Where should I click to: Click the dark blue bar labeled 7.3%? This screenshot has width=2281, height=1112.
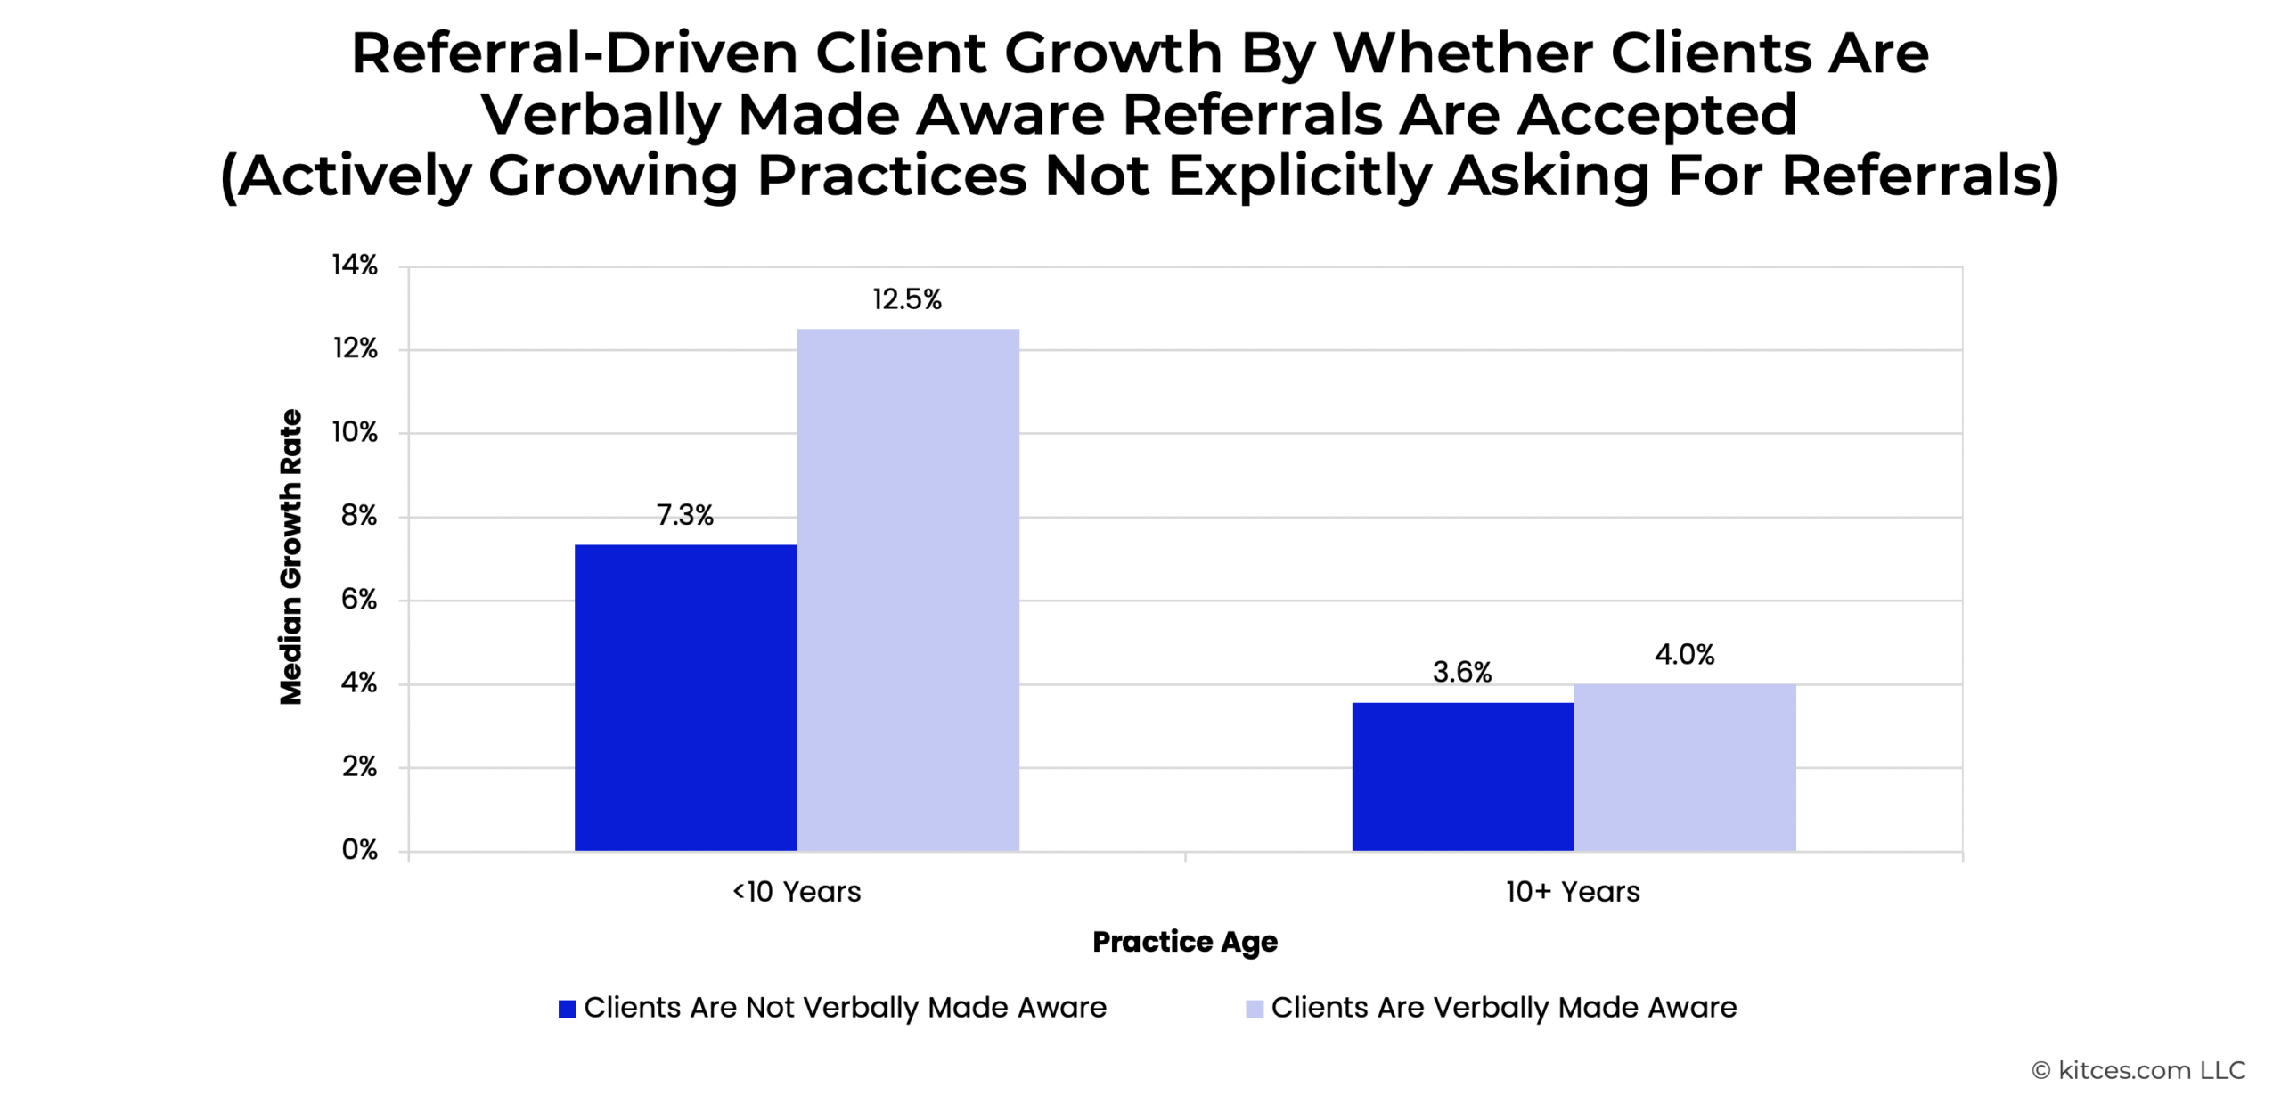click(x=685, y=698)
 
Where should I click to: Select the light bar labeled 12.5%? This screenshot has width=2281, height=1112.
click(x=908, y=590)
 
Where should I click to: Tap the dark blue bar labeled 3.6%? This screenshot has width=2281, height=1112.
click(x=1463, y=777)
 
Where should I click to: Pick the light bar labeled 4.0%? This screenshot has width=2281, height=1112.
click(x=1685, y=767)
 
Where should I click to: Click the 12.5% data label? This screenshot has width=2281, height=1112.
click(x=907, y=299)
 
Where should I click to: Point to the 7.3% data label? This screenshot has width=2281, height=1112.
click(x=685, y=515)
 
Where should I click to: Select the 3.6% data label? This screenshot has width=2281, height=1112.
click(x=1462, y=672)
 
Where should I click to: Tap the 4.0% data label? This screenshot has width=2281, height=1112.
click(x=1685, y=655)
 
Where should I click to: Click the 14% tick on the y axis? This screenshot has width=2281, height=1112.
click(x=355, y=265)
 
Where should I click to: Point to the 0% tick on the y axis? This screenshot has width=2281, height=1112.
click(x=360, y=850)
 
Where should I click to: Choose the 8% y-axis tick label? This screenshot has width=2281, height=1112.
click(x=359, y=516)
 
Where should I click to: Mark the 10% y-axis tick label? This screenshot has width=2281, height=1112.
click(x=355, y=432)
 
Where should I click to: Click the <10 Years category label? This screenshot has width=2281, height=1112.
click(x=797, y=892)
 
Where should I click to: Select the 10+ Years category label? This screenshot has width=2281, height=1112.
click(x=1574, y=892)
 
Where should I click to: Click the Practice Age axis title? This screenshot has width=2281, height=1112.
click(x=1185, y=943)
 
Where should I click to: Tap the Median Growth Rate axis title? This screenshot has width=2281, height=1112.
click(x=291, y=558)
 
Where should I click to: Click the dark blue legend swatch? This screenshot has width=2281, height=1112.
click(x=567, y=1009)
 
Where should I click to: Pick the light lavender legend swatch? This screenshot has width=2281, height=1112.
click(x=1255, y=1009)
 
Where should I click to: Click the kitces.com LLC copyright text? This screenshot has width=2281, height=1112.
click(x=2138, y=1070)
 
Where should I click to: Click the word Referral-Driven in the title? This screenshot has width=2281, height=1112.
click(x=575, y=53)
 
